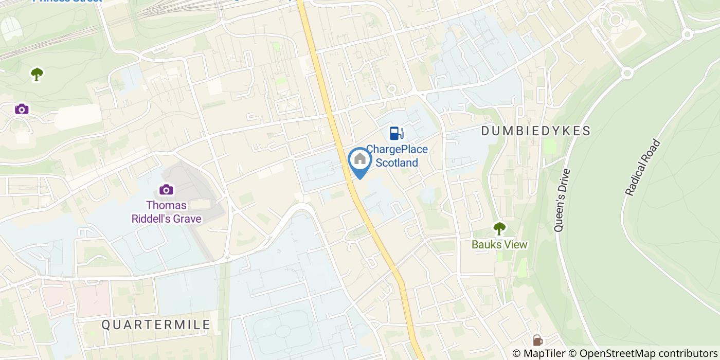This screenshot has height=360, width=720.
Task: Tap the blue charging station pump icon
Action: coord(395,133)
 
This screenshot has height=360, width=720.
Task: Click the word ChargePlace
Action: coord(397,150)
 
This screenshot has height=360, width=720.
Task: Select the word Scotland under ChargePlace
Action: coord(397,163)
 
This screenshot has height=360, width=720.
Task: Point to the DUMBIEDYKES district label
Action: coord(536,131)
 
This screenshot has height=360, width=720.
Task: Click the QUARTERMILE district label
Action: coord(156,325)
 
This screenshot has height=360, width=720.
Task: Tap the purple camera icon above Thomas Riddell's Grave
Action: coord(166,190)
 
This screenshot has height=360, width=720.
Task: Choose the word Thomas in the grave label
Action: coord(166,205)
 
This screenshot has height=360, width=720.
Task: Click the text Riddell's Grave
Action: coord(166,219)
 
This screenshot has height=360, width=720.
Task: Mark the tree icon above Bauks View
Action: coord(499,228)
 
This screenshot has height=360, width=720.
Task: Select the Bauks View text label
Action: coord(499,245)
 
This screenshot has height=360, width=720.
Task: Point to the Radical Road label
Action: coord(642,167)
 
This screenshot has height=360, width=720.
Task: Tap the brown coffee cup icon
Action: coord(537,340)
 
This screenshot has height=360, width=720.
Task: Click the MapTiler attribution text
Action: coord(538,353)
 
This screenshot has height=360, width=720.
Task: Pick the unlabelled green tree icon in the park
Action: coord(37,74)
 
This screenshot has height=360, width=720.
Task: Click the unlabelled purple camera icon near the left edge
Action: coord(22,109)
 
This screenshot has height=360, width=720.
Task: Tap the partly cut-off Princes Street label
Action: coord(67,1)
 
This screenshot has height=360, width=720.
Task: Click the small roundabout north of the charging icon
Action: coord(391,88)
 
